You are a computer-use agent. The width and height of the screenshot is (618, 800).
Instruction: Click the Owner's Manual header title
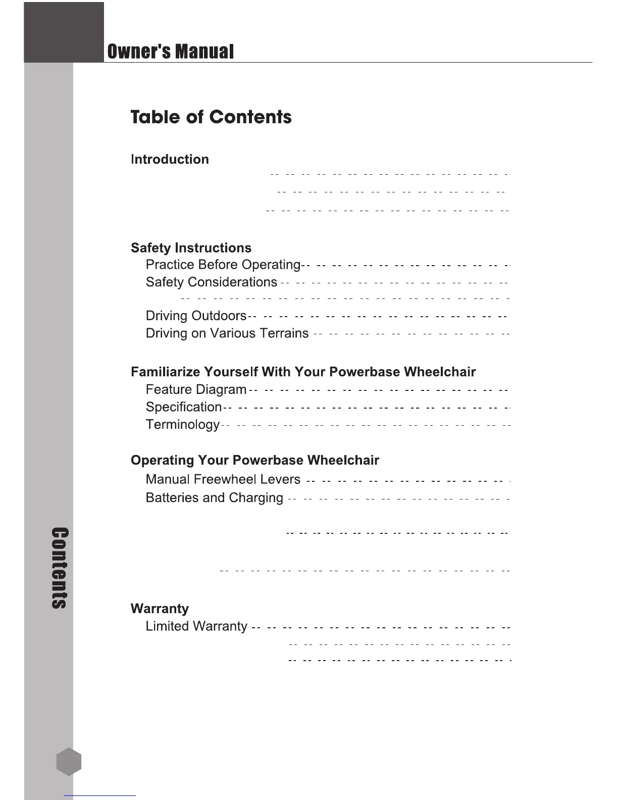pos(170,52)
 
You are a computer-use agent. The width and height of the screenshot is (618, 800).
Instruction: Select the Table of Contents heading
pos(211,117)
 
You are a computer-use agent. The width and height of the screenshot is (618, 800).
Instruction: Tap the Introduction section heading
pos(170,160)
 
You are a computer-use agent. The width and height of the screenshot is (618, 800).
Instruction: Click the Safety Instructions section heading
pos(191,248)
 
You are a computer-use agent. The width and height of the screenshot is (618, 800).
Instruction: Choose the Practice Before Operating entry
pos(223,265)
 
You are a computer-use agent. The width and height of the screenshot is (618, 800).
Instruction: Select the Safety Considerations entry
pos(211,282)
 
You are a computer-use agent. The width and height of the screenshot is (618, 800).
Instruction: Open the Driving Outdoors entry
pos(196,316)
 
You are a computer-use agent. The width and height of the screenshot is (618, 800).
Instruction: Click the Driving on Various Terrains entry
pos(227,333)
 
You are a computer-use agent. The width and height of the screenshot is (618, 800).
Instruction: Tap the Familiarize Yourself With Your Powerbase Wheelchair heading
pos(303,372)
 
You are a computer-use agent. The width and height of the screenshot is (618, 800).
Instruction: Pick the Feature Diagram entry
pos(196,389)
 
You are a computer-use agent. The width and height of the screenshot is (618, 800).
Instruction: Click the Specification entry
pos(184,407)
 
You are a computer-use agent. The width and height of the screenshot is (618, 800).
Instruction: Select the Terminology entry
pos(182,425)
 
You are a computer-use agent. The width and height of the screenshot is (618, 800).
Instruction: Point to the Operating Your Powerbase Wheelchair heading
pos(254,461)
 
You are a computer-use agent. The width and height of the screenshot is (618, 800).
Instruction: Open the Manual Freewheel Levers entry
pos(223,479)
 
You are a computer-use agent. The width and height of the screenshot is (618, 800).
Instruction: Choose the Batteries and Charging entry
pos(214,498)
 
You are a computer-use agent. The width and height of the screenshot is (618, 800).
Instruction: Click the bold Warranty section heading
pos(160,609)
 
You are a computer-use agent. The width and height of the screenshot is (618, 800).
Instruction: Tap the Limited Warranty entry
pos(196,627)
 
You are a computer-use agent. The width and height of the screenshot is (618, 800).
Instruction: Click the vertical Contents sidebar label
pos(60,568)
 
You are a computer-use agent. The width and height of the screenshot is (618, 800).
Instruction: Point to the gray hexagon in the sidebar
pos(69,762)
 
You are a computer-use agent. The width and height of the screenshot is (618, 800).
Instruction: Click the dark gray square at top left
pos(64,32)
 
